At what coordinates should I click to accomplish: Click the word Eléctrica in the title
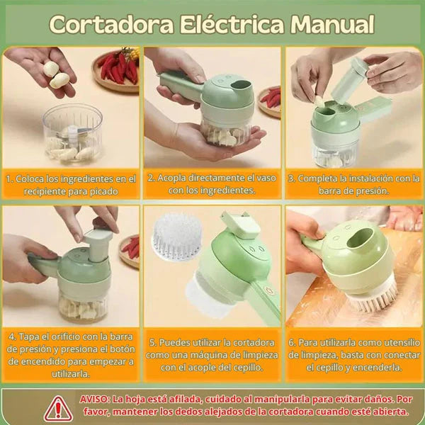pyautogui.click(x=232, y=24)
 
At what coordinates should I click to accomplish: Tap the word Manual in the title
pyautogui.click(x=332, y=24)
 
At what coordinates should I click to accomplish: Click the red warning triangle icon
pyautogui.click(x=58, y=409)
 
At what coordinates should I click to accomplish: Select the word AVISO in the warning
pyautogui.click(x=93, y=399)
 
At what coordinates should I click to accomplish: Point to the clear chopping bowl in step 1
pyautogui.click(x=73, y=133)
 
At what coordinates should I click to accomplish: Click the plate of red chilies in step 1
pyautogui.click(x=117, y=69)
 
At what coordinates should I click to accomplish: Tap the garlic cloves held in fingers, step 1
pyautogui.click(x=55, y=74)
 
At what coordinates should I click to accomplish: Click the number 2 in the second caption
pyautogui.click(x=150, y=178)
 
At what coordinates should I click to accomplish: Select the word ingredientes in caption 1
pyautogui.click(x=86, y=179)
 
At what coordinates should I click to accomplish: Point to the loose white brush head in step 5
pyautogui.click(x=176, y=237)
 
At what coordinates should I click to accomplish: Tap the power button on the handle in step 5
pyautogui.click(x=269, y=290)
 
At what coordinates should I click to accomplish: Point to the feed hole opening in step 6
pyautogui.click(x=361, y=238)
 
